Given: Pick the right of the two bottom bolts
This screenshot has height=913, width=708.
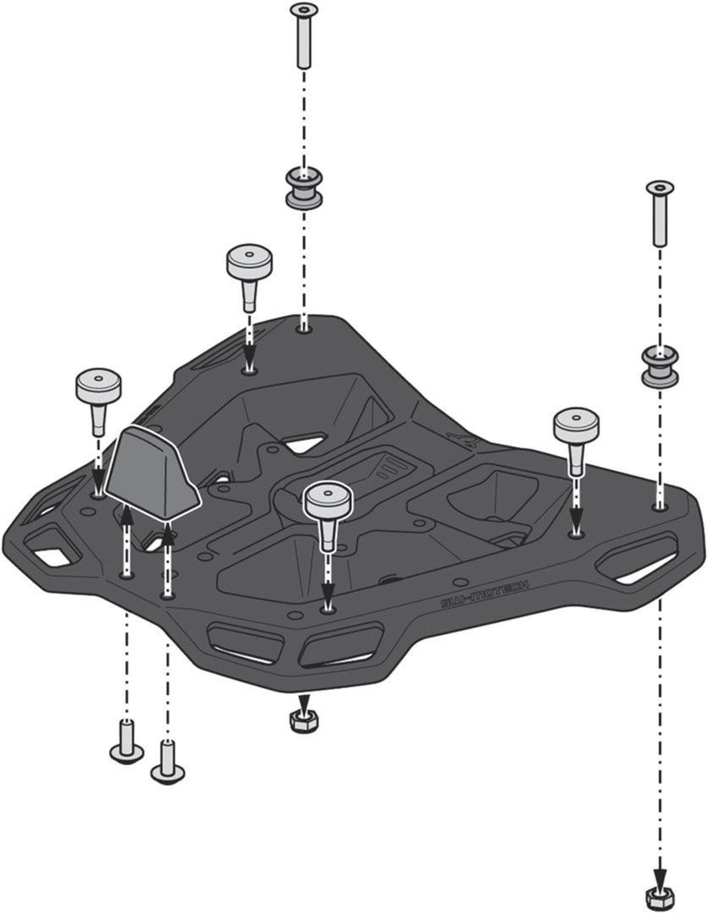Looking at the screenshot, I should point(167,760).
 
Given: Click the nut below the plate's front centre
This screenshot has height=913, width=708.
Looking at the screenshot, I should point(303,719).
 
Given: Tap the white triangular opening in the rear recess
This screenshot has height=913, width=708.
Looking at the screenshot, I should point(303,442).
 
